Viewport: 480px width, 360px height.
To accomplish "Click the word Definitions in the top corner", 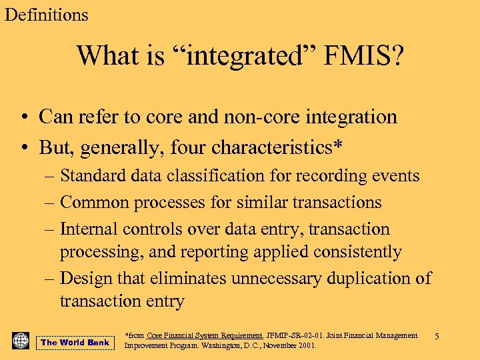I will [x=46, y=14].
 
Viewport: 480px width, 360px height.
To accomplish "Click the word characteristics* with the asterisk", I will [x=274, y=146].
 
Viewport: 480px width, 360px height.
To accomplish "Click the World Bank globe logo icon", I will [x=21, y=341].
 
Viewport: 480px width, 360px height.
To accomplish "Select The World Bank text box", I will [x=75, y=343].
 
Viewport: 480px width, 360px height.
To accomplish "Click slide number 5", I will [x=437, y=337].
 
